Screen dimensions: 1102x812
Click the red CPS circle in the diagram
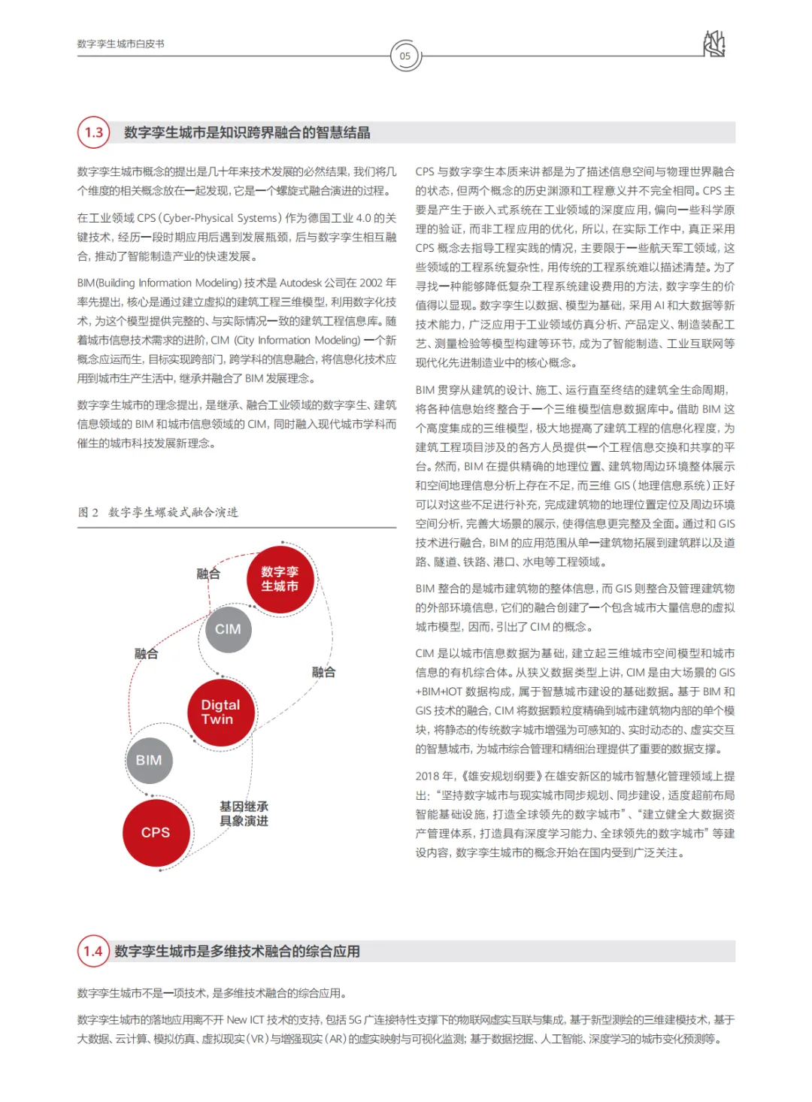click(156, 832)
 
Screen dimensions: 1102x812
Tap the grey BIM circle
click(149, 760)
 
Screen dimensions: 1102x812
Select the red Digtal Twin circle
click(220, 712)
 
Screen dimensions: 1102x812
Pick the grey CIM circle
click(228, 629)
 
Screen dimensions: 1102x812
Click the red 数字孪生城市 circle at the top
click(280, 579)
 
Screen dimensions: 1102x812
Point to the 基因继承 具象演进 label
click(244, 813)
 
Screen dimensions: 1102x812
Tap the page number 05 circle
click(405, 56)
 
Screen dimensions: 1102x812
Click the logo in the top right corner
click(714, 44)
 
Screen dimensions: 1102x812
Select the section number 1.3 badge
click(94, 132)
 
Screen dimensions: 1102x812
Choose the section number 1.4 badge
click(93, 951)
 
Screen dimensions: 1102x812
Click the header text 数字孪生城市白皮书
click(120, 44)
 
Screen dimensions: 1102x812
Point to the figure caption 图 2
click(88, 512)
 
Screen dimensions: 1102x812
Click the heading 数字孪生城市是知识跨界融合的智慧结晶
click(247, 132)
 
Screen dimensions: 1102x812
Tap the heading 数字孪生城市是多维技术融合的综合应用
click(237, 951)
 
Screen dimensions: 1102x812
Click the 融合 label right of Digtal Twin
click(323, 672)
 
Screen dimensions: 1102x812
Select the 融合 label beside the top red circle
click(208, 574)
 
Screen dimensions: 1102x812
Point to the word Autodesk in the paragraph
click(301, 283)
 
